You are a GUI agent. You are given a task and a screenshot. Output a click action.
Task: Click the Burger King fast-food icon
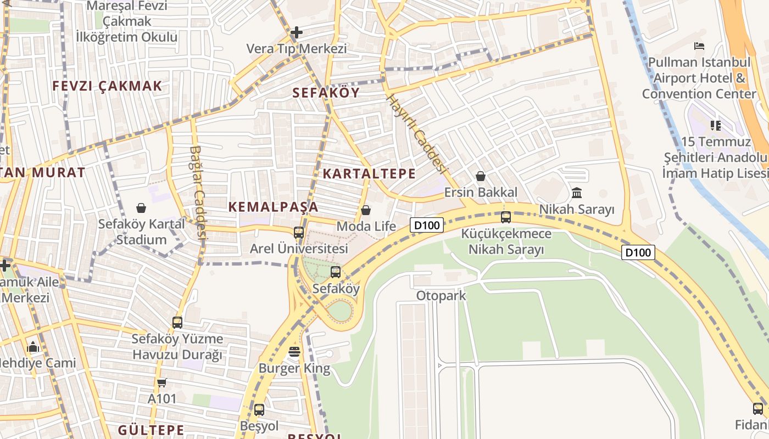(294, 352)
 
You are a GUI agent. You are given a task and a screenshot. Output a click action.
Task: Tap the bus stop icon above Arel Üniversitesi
(299, 232)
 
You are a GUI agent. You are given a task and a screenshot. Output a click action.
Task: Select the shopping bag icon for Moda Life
(366, 210)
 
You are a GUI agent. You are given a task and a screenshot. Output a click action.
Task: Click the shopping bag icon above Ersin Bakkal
(481, 176)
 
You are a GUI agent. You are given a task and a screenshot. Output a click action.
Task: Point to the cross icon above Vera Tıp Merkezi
(297, 32)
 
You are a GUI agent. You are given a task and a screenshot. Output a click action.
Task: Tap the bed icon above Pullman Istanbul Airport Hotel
(699, 46)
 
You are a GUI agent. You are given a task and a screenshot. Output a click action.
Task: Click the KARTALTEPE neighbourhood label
(369, 174)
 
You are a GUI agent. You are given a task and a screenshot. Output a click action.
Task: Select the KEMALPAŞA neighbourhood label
(273, 207)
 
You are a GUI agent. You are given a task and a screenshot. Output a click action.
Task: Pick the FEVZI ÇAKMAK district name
(107, 86)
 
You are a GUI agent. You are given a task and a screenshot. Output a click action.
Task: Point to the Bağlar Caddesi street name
(198, 192)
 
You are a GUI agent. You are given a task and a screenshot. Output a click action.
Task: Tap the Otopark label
(441, 296)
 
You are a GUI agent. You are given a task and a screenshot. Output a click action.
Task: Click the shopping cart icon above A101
(161, 382)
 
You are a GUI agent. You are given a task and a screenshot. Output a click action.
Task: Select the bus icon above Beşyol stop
(259, 409)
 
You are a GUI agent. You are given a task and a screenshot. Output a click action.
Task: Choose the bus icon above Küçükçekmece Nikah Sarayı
(506, 217)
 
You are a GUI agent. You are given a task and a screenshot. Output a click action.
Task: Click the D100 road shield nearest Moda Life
(427, 225)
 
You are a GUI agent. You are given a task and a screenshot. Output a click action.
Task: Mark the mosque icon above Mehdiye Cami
(33, 347)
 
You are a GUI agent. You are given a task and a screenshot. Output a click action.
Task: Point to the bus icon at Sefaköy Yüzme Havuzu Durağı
(177, 322)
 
